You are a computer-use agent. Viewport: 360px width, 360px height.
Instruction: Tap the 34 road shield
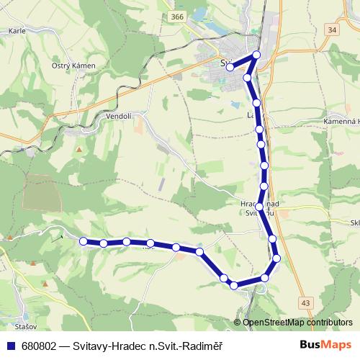tap(331, 30)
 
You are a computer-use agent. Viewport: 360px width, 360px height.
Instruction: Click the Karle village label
tap(17, 32)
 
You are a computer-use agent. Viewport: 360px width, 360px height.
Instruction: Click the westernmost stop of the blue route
tap(84, 241)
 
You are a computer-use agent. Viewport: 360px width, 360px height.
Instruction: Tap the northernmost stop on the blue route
tap(256, 55)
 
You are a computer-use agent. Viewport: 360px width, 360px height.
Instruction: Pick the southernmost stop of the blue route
tap(235, 286)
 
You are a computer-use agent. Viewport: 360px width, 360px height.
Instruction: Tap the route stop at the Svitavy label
tap(230, 68)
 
